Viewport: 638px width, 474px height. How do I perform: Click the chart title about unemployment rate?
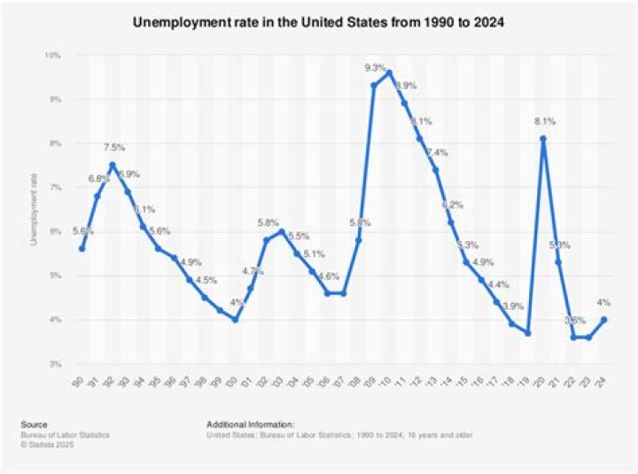click(x=319, y=21)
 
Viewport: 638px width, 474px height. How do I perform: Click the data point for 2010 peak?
click(x=389, y=73)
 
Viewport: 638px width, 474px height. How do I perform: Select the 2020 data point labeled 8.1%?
click(x=542, y=138)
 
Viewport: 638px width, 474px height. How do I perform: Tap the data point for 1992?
click(x=113, y=165)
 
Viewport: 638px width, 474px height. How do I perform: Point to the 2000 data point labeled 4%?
click(x=235, y=319)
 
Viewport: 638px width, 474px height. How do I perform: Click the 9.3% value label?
click(x=375, y=68)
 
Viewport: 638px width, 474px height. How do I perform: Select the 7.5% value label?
click(x=114, y=148)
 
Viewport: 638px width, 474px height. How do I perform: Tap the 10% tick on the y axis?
click(x=52, y=55)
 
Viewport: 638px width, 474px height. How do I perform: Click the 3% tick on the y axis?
click(x=54, y=363)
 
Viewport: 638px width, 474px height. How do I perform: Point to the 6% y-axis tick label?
click(x=54, y=231)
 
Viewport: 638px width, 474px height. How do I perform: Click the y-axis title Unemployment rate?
click(x=35, y=209)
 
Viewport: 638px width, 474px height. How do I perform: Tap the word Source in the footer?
click(x=36, y=424)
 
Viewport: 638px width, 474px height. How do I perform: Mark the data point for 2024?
click(x=604, y=319)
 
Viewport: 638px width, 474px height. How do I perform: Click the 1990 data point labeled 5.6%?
click(x=82, y=248)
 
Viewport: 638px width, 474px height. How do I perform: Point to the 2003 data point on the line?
click(x=281, y=231)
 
